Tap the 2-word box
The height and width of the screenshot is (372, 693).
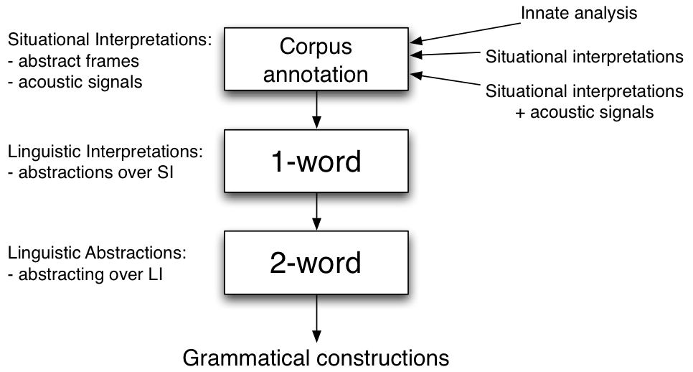click(316, 264)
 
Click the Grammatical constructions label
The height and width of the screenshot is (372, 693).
click(316, 357)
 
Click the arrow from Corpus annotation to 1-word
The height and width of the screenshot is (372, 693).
click(316, 112)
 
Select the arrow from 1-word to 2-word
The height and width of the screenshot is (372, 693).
click(316, 214)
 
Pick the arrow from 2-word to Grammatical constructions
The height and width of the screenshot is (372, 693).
click(316, 320)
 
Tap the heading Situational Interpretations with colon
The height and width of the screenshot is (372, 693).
click(108, 40)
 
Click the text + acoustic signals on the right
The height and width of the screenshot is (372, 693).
click(585, 112)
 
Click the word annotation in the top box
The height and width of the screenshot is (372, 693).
click(316, 74)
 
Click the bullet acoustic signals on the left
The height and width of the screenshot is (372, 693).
click(75, 81)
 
